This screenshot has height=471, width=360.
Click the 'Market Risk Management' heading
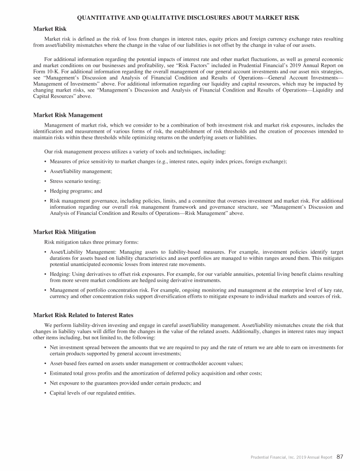[x=67, y=115]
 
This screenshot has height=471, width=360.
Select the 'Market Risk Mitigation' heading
[x=65, y=232]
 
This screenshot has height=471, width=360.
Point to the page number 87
[x=340, y=456]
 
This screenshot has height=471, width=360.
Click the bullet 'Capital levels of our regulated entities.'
[x=92, y=393]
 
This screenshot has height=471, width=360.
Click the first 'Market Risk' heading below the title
[x=50, y=29]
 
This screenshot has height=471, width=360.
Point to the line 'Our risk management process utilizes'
[x=135, y=152]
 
